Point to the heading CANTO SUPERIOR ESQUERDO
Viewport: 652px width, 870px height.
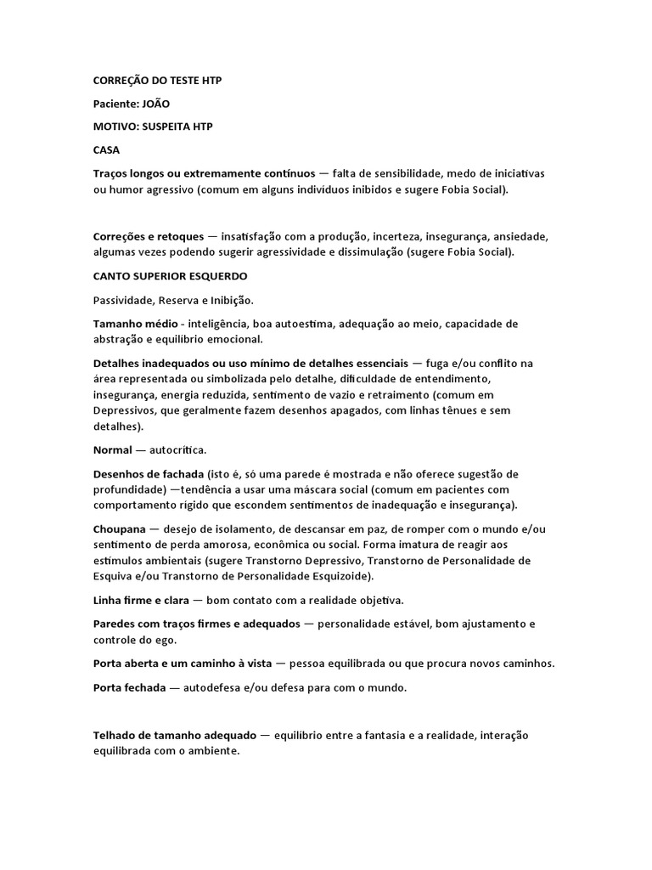[x=170, y=276]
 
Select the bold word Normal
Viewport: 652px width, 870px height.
[x=113, y=449]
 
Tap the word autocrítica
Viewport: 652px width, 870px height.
[x=176, y=449]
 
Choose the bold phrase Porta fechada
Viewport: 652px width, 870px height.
[x=129, y=688]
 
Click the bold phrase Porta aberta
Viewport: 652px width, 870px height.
[x=126, y=664]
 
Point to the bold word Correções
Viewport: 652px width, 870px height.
[x=122, y=236]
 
